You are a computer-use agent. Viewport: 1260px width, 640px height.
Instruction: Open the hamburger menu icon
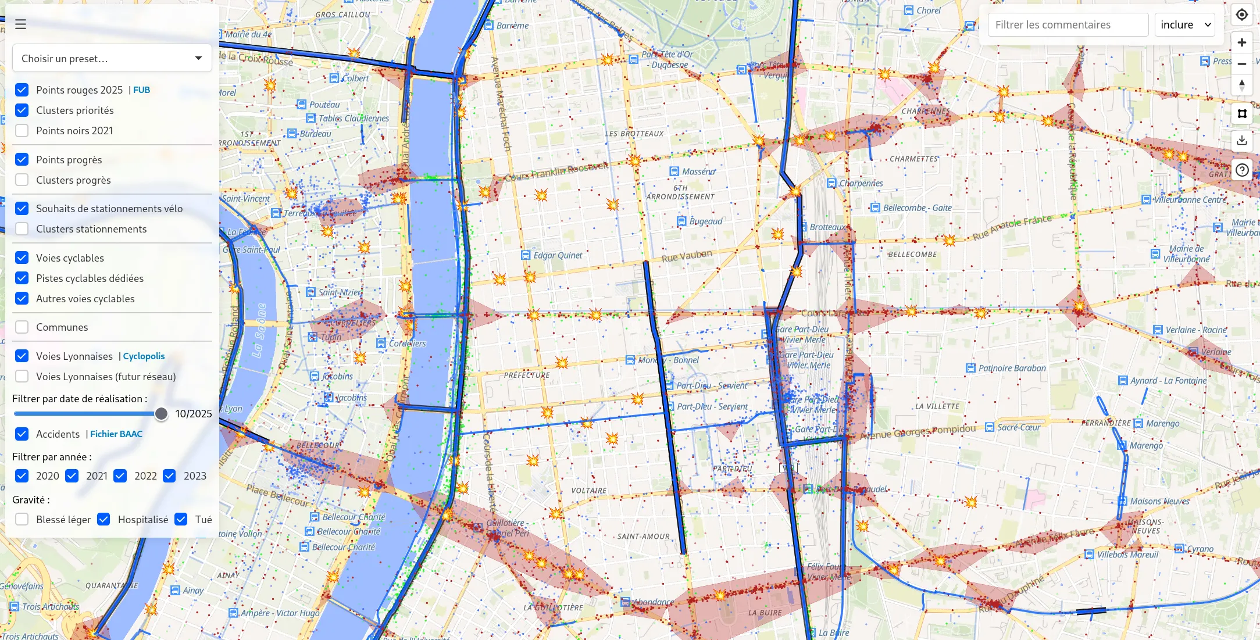tap(21, 24)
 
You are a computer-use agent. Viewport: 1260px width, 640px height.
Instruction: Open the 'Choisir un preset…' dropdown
tap(112, 58)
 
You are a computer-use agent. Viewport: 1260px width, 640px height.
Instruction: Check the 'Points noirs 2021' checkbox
tap(22, 131)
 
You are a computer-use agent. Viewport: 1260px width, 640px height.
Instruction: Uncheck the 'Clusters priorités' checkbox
tap(22, 110)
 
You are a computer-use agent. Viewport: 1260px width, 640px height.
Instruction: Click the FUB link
tap(141, 90)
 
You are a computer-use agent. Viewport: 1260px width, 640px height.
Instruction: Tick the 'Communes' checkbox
tap(22, 327)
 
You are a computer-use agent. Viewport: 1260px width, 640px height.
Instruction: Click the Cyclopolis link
tap(144, 356)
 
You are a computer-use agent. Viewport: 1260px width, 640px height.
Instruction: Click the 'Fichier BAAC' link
tap(116, 434)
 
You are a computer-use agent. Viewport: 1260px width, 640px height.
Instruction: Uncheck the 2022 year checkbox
tap(120, 476)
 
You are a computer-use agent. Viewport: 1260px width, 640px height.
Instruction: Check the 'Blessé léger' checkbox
tap(22, 520)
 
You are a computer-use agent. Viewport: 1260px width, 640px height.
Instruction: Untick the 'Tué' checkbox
tap(181, 520)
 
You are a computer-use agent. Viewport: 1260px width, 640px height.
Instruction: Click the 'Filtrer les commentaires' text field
tap(1068, 25)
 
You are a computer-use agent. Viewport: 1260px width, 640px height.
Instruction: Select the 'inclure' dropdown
tap(1184, 25)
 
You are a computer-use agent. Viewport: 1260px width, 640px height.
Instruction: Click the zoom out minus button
tap(1241, 64)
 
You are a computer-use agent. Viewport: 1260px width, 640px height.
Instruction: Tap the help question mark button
tap(1241, 170)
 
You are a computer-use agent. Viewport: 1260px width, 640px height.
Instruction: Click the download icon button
tap(1241, 140)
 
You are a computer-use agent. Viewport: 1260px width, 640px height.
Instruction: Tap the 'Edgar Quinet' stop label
tap(557, 255)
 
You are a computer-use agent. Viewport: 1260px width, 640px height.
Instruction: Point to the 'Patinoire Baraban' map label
tap(1011, 368)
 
